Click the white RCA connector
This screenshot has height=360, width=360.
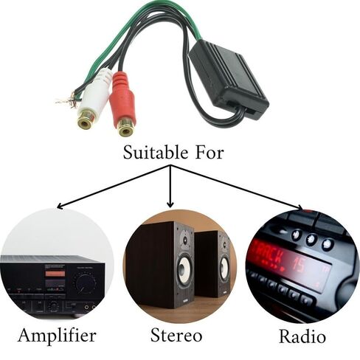[x=94, y=98]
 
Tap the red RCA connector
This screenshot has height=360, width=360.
[x=123, y=103]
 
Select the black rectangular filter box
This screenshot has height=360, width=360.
[x=229, y=79]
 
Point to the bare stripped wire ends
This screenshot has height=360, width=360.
[x=67, y=100]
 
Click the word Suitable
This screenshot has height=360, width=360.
[x=156, y=153]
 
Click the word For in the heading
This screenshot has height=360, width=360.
[x=210, y=153]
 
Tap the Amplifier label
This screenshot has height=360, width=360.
[x=57, y=336]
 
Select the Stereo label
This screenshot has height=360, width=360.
[x=176, y=335]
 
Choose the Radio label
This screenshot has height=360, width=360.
[x=302, y=336]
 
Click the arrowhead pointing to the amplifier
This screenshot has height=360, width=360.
[x=60, y=206]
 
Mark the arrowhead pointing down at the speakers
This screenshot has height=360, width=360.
[x=170, y=204]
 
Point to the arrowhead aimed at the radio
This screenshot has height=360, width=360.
[x=300, y=207]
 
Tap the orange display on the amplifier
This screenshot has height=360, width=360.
[x=54, y=274]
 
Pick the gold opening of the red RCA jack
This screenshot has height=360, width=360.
[x=125, y=128]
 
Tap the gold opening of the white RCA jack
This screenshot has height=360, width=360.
[x=86, y=121]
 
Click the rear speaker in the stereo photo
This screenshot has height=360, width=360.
[x=212, y=263]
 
